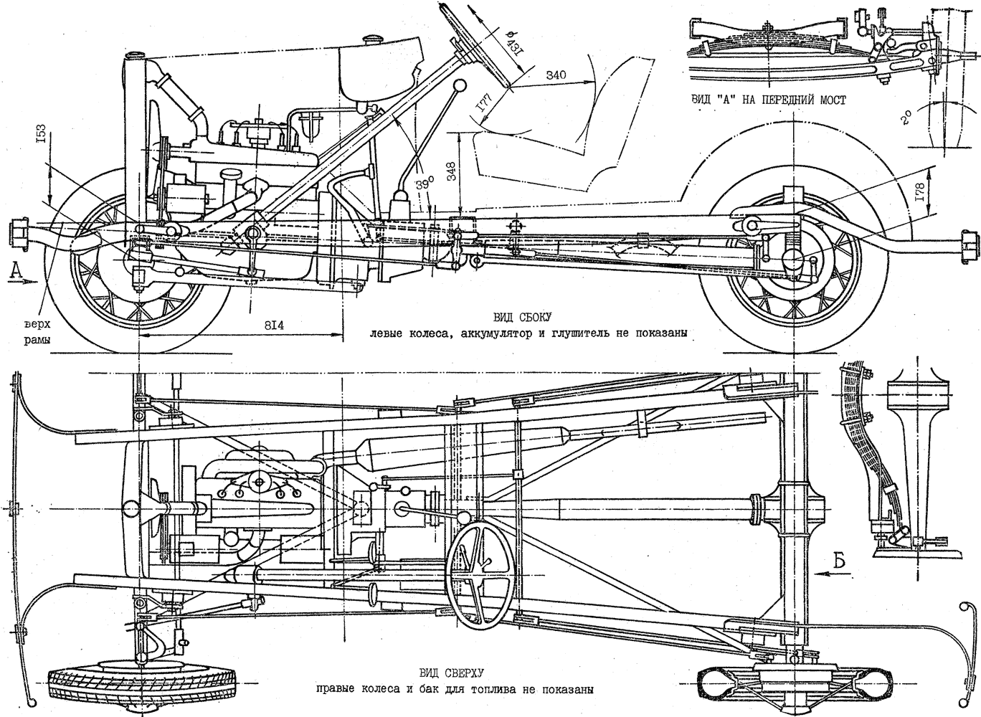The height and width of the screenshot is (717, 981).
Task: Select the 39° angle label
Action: tap(425, 184)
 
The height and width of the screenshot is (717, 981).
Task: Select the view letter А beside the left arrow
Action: tap(15, 270)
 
